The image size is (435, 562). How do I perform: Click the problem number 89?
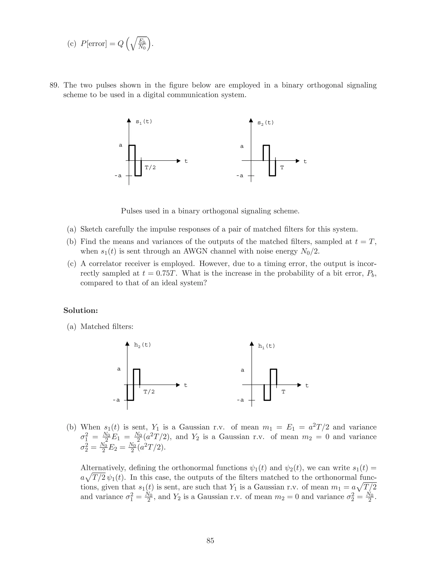coord(54,85)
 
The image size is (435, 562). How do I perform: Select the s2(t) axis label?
coord(266,123)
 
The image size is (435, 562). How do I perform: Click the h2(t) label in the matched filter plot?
coord(142,345)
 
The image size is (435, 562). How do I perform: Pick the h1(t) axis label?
coord(267,346)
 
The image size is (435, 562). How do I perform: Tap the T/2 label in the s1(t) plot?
coord(150,168)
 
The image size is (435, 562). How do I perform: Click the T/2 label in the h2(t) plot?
coord(149,392)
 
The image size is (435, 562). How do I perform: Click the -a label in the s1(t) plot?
coord(118,176)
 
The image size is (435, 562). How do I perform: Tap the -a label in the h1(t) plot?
coord(240,400)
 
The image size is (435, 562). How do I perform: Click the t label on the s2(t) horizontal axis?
coord(305,162)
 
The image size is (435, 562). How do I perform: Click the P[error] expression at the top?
coord(93,44)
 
